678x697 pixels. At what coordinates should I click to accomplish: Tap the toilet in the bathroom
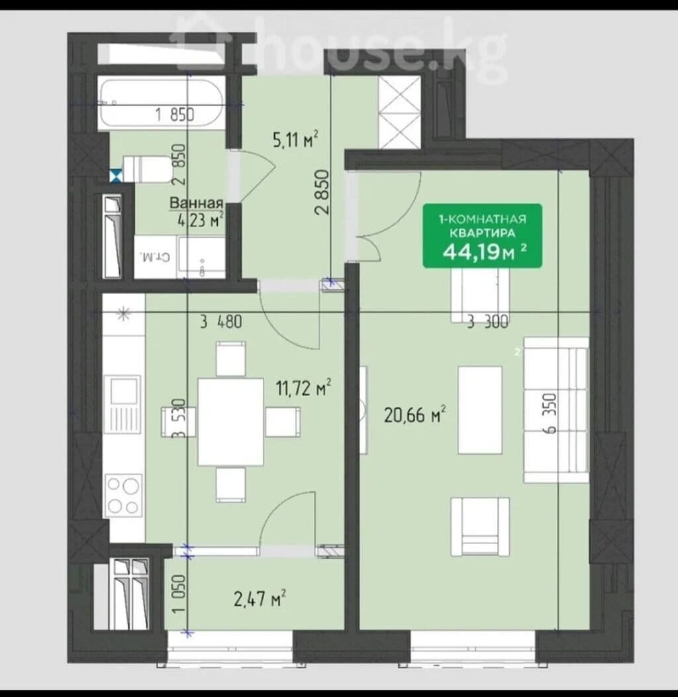[147, 169]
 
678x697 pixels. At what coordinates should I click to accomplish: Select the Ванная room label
[196, 203]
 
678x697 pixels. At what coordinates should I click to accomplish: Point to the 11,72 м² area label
[303, 388]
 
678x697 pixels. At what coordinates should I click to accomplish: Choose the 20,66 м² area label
[415, 415]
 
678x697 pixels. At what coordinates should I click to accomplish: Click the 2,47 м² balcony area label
[260, 598]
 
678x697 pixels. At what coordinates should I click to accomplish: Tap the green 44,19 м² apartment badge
[483, 236]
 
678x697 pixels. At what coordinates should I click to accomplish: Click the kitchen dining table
[230, 421]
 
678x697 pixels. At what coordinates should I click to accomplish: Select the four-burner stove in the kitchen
[123, 495]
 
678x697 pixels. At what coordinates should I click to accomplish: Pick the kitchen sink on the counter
[123, 404]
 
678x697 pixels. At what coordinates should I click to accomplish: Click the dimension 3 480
[221, 321]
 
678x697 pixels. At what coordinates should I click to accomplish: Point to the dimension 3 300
[488, 321]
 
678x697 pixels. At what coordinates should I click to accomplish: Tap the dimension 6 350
[550, 413]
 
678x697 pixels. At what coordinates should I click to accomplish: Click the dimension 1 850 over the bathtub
[175, 115]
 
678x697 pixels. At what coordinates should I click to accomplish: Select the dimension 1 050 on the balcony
[179, 594]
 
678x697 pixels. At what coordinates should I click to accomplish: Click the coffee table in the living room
[480, 410]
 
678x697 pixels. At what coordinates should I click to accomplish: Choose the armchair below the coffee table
[480, 527]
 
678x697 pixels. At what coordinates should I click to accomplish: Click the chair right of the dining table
[283, 422]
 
